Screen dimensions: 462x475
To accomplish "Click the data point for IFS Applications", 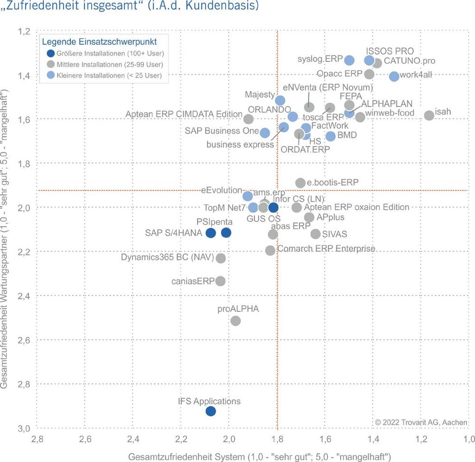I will click(210, 411).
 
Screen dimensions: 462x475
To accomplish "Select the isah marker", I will click(429, 115).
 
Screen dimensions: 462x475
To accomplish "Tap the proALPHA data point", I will click(235, 321).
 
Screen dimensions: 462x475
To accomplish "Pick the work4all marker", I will click(394, 77).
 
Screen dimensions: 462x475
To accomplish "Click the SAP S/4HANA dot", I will click(210, 233).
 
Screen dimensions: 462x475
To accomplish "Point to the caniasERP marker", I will click(220, 281).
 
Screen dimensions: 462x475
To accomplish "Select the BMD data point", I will click(331, 136).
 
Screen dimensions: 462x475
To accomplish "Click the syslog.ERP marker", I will click(349, 60).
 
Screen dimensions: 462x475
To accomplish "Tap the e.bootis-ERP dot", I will click(300, 183).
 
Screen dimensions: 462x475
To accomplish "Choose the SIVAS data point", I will click(315, 234).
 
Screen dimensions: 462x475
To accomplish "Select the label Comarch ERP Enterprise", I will click(326, 249).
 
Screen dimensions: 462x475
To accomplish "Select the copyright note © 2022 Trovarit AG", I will click(421, 422).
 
